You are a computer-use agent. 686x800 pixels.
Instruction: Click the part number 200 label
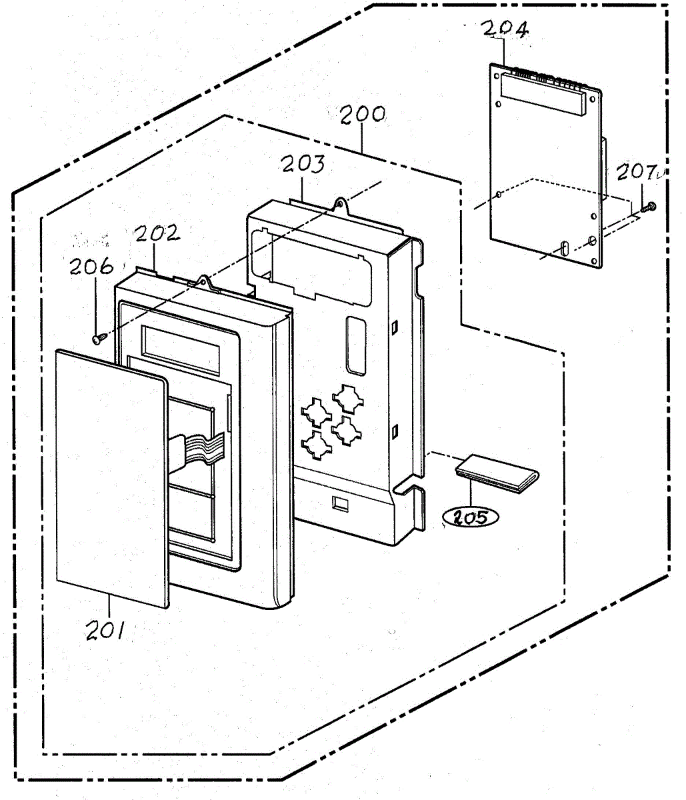363,115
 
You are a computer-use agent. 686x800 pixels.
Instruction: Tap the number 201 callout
105,630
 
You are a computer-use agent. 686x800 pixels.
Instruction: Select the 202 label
157,233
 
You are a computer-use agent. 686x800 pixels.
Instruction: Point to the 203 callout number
303,164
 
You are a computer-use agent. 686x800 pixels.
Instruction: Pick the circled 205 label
471,517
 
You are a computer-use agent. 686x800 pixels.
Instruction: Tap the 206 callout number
91,266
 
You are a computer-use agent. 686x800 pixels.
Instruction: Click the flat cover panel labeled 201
112,478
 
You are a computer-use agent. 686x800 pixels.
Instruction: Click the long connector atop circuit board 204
541,95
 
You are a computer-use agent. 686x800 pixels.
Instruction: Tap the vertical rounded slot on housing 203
356,346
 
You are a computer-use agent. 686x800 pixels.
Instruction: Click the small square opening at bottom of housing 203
340,503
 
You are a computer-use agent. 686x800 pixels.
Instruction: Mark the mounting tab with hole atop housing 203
341,207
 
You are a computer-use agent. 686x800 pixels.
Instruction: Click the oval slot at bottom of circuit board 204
563,247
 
